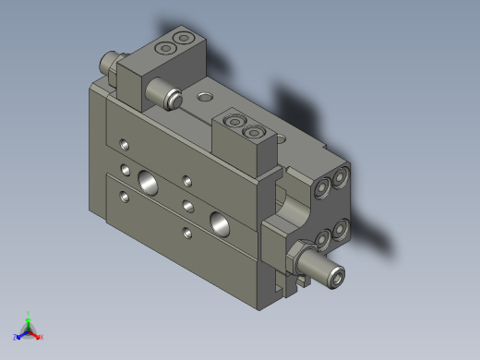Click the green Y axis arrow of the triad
[x=28, y=317]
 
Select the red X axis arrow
[x=39, y=337]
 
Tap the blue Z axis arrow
[x=18, y=337]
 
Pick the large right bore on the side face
[x=221, y=222]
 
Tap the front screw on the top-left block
[x=167, y=47]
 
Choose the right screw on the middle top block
[x=254, y=133]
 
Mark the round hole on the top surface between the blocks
[x=204, y=94]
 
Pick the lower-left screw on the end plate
[x=322, y=240]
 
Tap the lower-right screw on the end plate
[x=341, y=227]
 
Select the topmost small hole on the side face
[x=125, y=143]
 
